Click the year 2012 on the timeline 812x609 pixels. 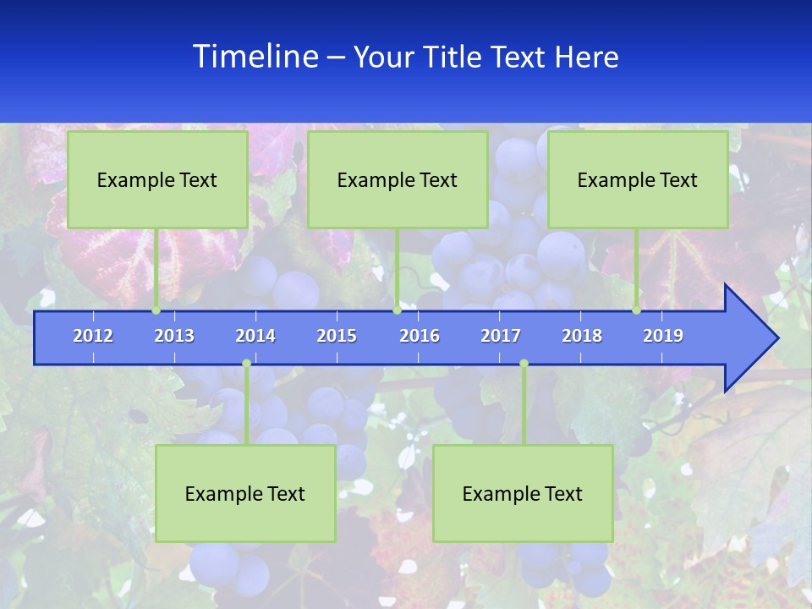pos(93,336)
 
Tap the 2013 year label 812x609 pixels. pos(174,336)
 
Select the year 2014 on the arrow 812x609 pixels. pos(255,336)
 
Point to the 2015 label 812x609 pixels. pos(337,336)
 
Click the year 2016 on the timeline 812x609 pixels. pos(420,336)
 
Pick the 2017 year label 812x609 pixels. pos(501,336)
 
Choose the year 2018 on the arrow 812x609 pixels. pos(582,336)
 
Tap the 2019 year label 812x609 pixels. pos(663,336)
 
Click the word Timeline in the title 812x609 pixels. pos(255,57)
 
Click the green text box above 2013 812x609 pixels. pos(157,179)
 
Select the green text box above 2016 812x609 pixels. pos(398,179)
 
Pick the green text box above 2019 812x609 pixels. pos(638,179)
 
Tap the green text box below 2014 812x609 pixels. pos(245,493)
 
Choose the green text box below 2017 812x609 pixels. pos(523,493)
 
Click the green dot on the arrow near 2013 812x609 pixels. pos(156,310)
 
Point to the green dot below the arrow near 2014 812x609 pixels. pos(246,364)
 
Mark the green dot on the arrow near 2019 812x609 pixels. pos(637,310)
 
